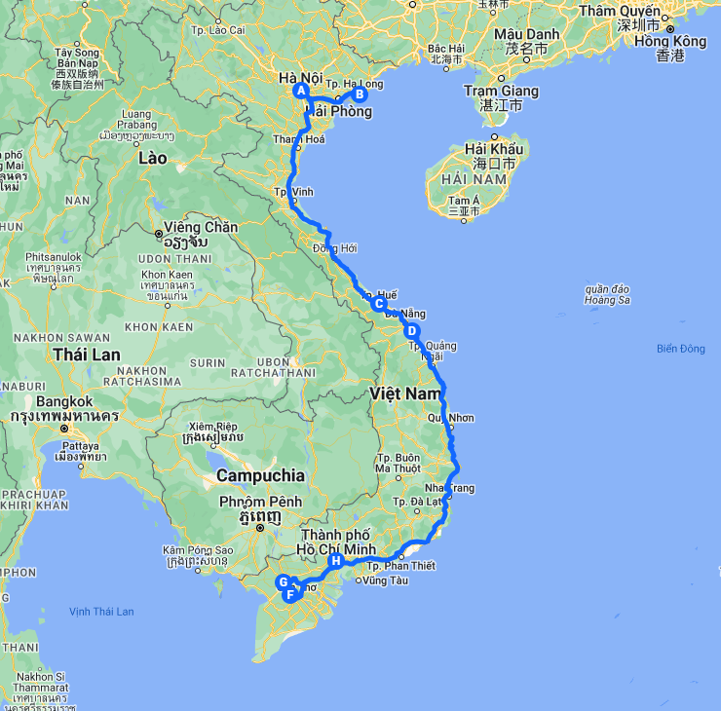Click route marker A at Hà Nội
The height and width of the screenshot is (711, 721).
coord(301,92)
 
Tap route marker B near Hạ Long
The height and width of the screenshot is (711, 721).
coord(359,94)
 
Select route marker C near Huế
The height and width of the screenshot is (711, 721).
coord(379,304)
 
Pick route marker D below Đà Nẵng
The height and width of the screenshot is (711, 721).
coord(412,331)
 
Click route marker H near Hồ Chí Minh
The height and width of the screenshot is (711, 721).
coord(336,561)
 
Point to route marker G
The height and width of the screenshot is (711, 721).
coord(284,582)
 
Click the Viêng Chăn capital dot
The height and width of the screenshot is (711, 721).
coord(159,234)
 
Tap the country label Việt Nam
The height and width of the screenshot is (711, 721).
coord(406,393)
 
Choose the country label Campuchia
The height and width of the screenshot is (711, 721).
coord(260,475)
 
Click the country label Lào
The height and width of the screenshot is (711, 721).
coord(152,158)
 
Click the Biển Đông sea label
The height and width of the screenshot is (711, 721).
coord(680,349)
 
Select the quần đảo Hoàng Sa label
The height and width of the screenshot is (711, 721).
coord(607,294)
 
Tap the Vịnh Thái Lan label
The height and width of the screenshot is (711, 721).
coord(101,612)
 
